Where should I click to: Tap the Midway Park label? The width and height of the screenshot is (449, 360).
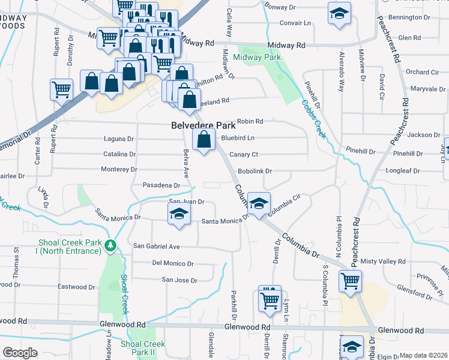click(257, 58)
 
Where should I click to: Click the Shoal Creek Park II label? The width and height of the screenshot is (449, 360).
click(142, 348)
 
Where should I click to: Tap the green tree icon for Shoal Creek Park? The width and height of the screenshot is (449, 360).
click(110, 245)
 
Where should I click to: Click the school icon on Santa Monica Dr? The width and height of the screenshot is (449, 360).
click(178, 214)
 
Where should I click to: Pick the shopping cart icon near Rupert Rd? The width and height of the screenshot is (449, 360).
click(61, 90)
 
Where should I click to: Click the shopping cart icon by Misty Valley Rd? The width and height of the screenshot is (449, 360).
click(350, 280)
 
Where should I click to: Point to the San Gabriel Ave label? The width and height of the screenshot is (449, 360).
click(157, 247)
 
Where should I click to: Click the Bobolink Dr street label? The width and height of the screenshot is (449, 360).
click(255, 171)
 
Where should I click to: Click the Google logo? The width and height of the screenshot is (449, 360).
click(20, 353)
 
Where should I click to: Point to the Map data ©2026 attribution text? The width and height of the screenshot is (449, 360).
click(424, 355)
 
